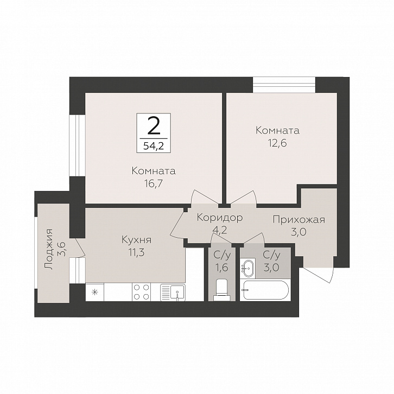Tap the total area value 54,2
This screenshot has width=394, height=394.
tap(154, 145)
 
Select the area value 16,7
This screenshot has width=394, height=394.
tap(154, 183)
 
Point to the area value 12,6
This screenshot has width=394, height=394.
tap(277, 143)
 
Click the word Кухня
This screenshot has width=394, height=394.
tap(136, 240)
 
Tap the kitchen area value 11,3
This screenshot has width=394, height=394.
tap(136, 252)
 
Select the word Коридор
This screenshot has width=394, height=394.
tap(220, 218)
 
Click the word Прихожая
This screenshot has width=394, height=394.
tap(299, 220)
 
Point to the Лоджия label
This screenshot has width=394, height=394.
tap(48, 249)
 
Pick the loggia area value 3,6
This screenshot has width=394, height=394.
tap(61, 249)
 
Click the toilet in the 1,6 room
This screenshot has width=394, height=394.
tap(222, 289)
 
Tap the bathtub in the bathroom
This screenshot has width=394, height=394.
tap(265, 290)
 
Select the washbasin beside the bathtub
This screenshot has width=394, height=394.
tap(247, 268)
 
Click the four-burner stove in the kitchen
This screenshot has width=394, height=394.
tap(141, 292)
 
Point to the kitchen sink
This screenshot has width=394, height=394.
tap(173, 292)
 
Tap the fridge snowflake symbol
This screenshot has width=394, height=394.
tap(95, 292)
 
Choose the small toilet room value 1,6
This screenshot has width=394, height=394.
tap(222, 268)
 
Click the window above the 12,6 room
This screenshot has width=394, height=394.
tap(284, 85)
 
